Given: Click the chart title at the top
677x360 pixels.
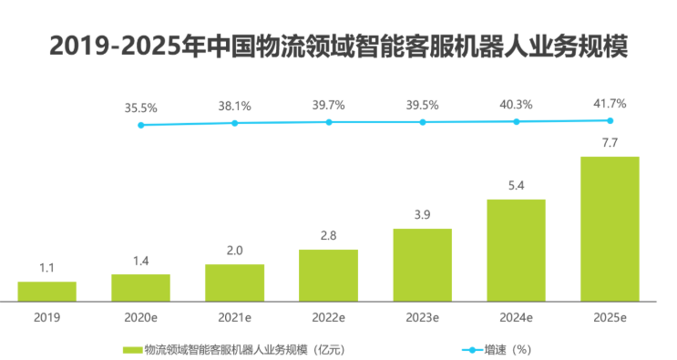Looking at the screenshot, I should pos(338,45).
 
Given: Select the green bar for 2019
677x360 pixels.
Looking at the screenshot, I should pos(46,291).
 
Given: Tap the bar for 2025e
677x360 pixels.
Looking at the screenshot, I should pos(610,228).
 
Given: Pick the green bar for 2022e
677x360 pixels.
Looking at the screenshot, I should pos(328,274).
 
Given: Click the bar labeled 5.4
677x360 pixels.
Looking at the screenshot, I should pos(516,249).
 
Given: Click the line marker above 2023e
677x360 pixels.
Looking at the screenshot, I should pos(422,122).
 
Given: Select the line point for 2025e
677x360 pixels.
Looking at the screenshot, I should pos(610,120).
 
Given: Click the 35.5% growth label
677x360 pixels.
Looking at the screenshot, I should pos(140,108).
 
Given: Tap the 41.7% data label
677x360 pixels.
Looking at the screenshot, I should pos(610,103).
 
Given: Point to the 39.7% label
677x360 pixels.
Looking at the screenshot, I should pos(328,105).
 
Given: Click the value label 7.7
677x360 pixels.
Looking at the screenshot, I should pos(610,142).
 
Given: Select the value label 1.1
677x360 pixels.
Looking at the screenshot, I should pos(46,268).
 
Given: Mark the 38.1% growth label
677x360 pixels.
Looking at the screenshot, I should pos(234,106).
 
